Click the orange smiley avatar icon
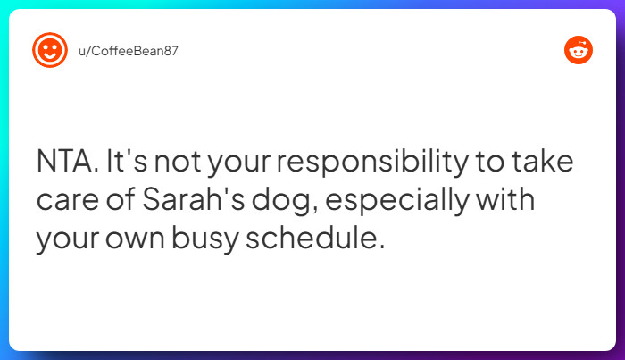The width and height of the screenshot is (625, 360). coord(50,49)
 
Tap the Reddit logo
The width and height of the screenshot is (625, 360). coord(579,50)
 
